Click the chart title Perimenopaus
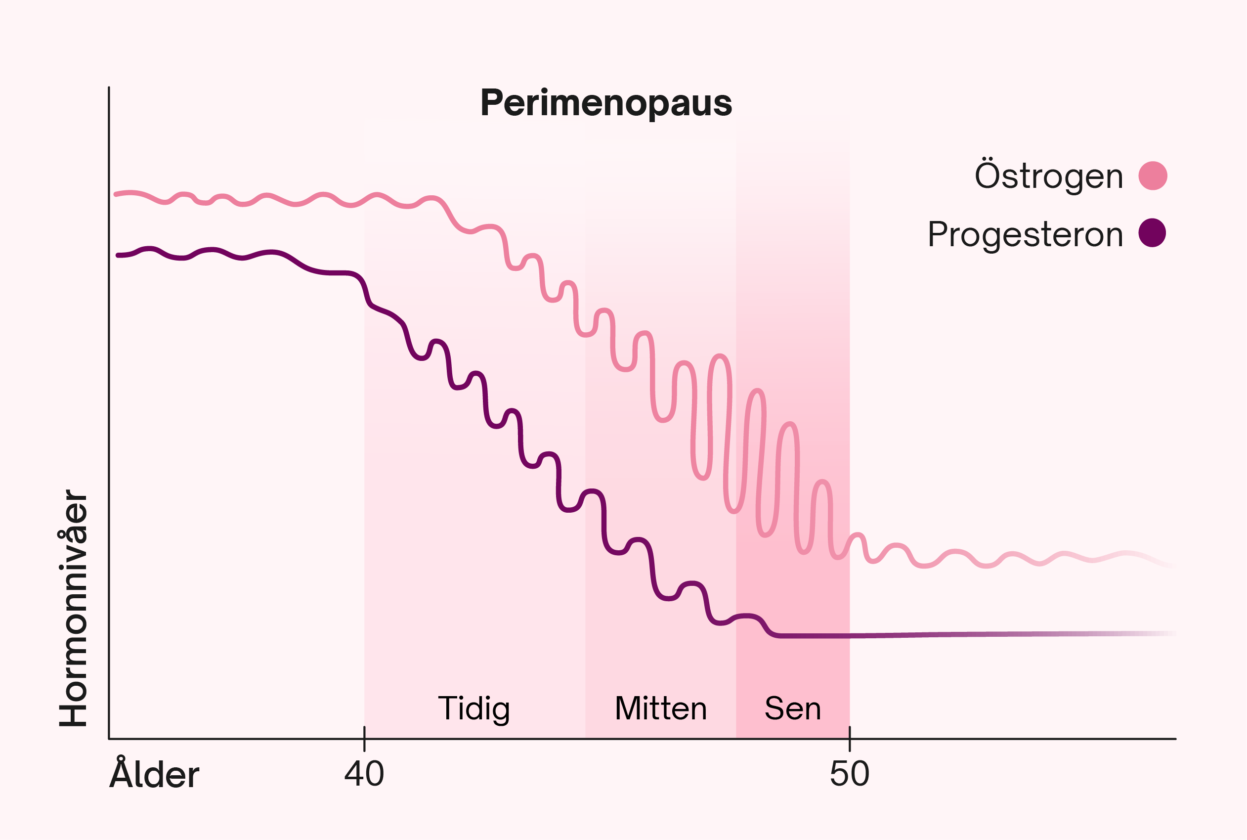[606, 102]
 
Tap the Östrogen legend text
[1048, 176]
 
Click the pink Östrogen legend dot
[1153, 176]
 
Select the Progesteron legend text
[1026, 234]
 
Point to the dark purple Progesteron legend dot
[1152, 233]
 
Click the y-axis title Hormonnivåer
[73, 608]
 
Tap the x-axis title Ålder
[154, 775]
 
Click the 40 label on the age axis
[364, 774]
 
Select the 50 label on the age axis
[850, 774]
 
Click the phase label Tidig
[474, 709]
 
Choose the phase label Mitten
[661, 709]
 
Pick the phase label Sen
[792, 709]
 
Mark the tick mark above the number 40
[365, 739]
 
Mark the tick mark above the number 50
[850, 739]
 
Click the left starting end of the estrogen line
[116, 194]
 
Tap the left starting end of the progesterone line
[118, 256]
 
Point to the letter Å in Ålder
[121, 772]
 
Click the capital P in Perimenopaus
[493, 102]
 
